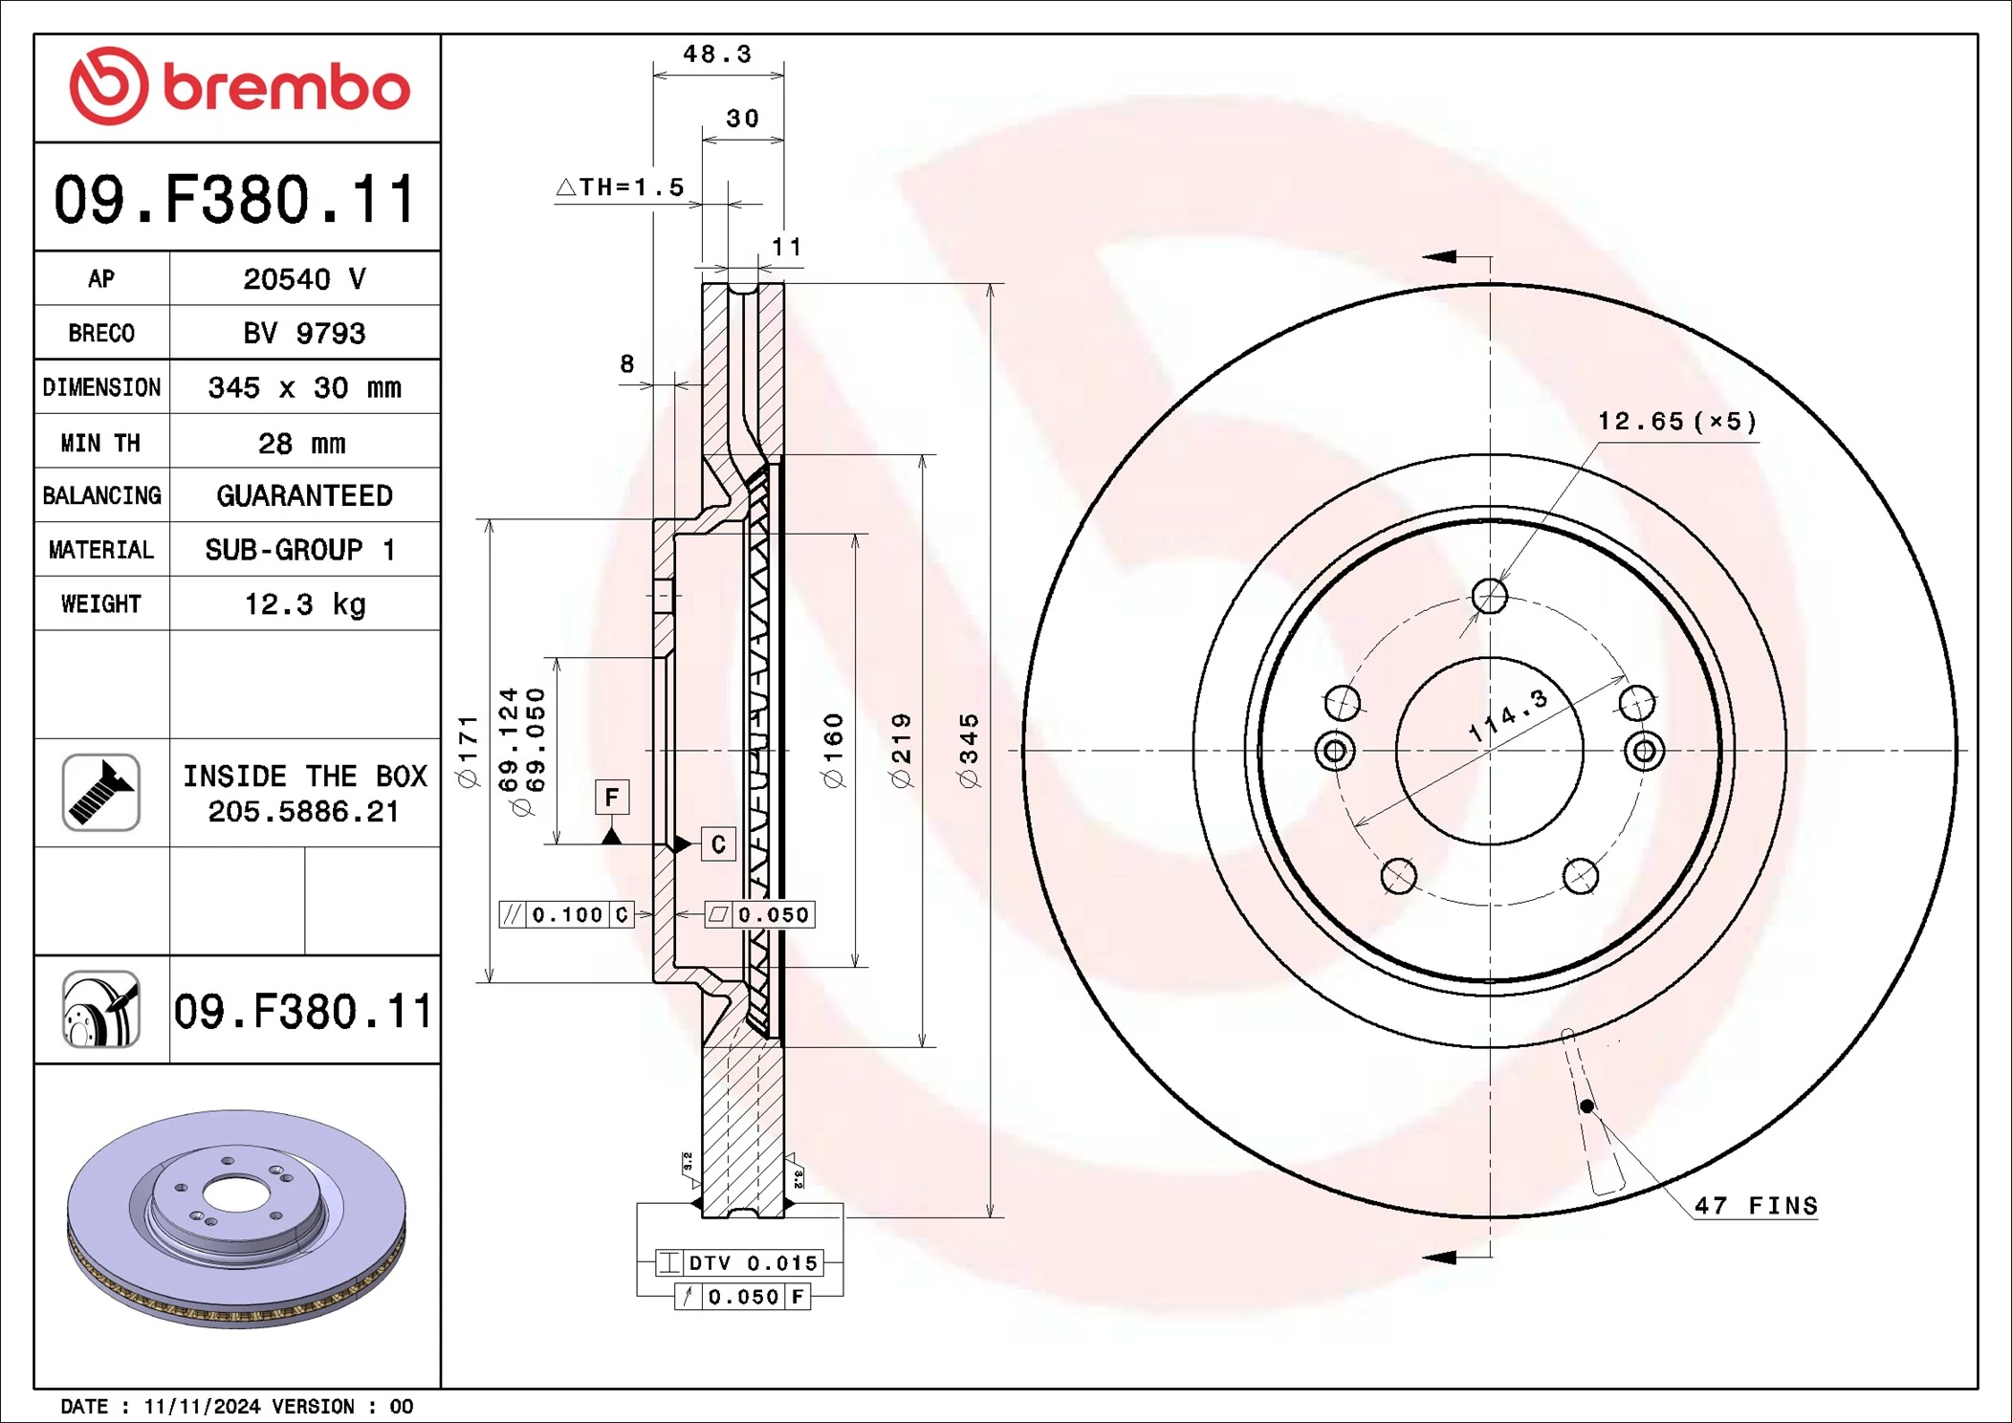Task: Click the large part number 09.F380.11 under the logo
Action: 235,200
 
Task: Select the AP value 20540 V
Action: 304,279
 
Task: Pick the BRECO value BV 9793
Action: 304,333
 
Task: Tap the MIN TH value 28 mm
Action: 302,444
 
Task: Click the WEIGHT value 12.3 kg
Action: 304,604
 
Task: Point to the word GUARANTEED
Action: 304,495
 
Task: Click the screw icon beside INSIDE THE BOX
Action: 101,793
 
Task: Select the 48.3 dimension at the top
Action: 717,55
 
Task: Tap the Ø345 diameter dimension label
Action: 969,751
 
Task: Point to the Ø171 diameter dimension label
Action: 467,751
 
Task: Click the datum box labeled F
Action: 612,797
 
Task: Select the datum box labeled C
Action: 718,844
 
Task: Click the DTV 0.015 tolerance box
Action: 739,1263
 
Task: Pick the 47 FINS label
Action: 1756,1206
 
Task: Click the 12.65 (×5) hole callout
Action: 1677,422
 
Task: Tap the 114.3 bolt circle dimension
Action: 1508,715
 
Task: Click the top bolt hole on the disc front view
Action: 1489,596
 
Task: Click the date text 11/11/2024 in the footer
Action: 202,1407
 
